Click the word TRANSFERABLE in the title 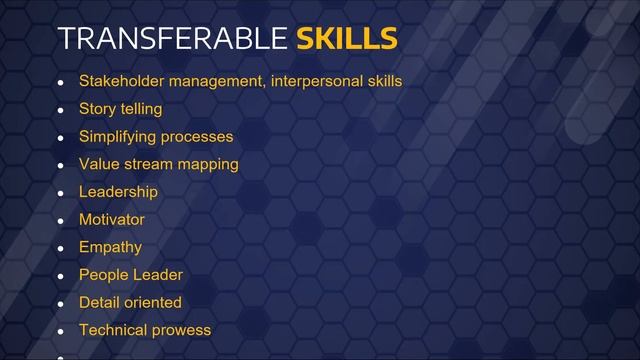[x=173, y=39]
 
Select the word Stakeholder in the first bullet [x=119, y=81]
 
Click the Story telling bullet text [x=120, y=109]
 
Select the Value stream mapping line [x=158, y=164]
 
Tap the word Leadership [x=118, y=192]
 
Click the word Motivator [x=112, y=219]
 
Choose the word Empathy [x=111, y=247]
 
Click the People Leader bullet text [x=131, y=274]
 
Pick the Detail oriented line [x=130, y=302]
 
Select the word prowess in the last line [x=180, y=330]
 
